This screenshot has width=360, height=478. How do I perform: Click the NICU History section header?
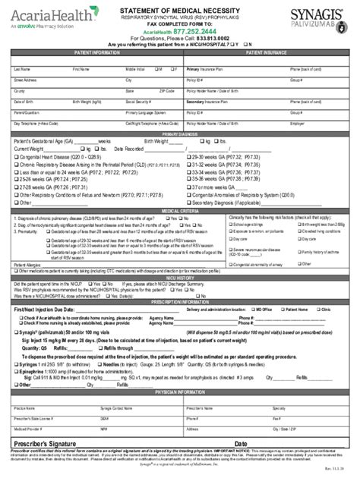[180, 278]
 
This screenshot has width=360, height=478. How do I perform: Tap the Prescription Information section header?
[180, 300]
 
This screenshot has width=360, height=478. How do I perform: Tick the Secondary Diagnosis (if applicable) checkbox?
[190, 203]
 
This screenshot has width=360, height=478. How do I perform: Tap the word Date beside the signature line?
[242, 442]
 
